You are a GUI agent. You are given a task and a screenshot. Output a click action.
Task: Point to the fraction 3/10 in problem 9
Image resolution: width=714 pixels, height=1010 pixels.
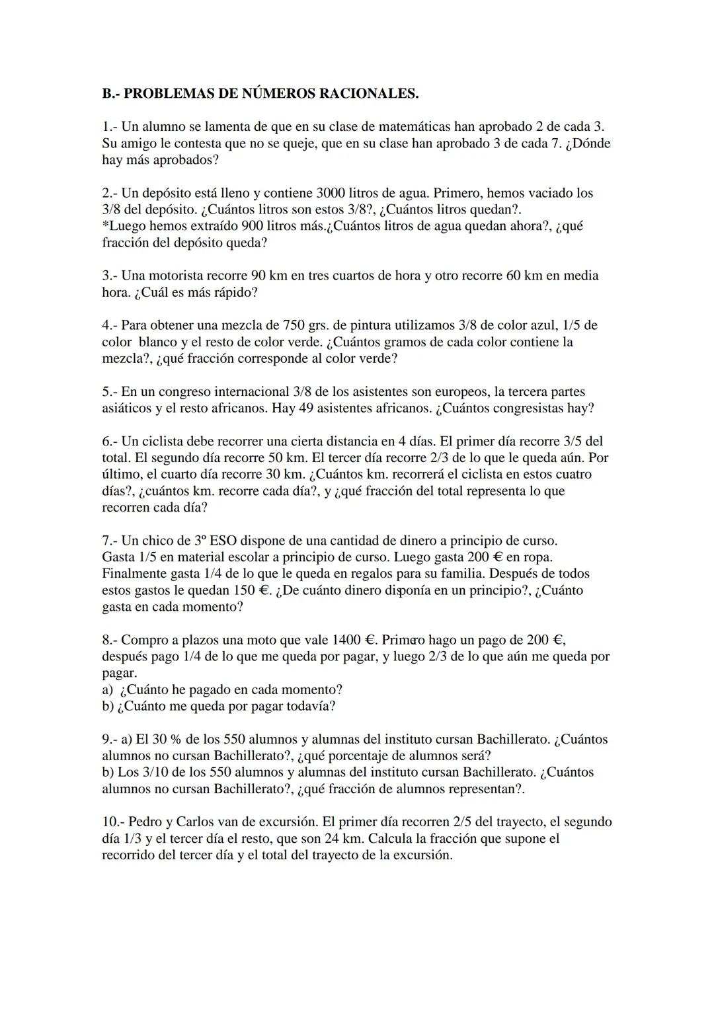151,772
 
